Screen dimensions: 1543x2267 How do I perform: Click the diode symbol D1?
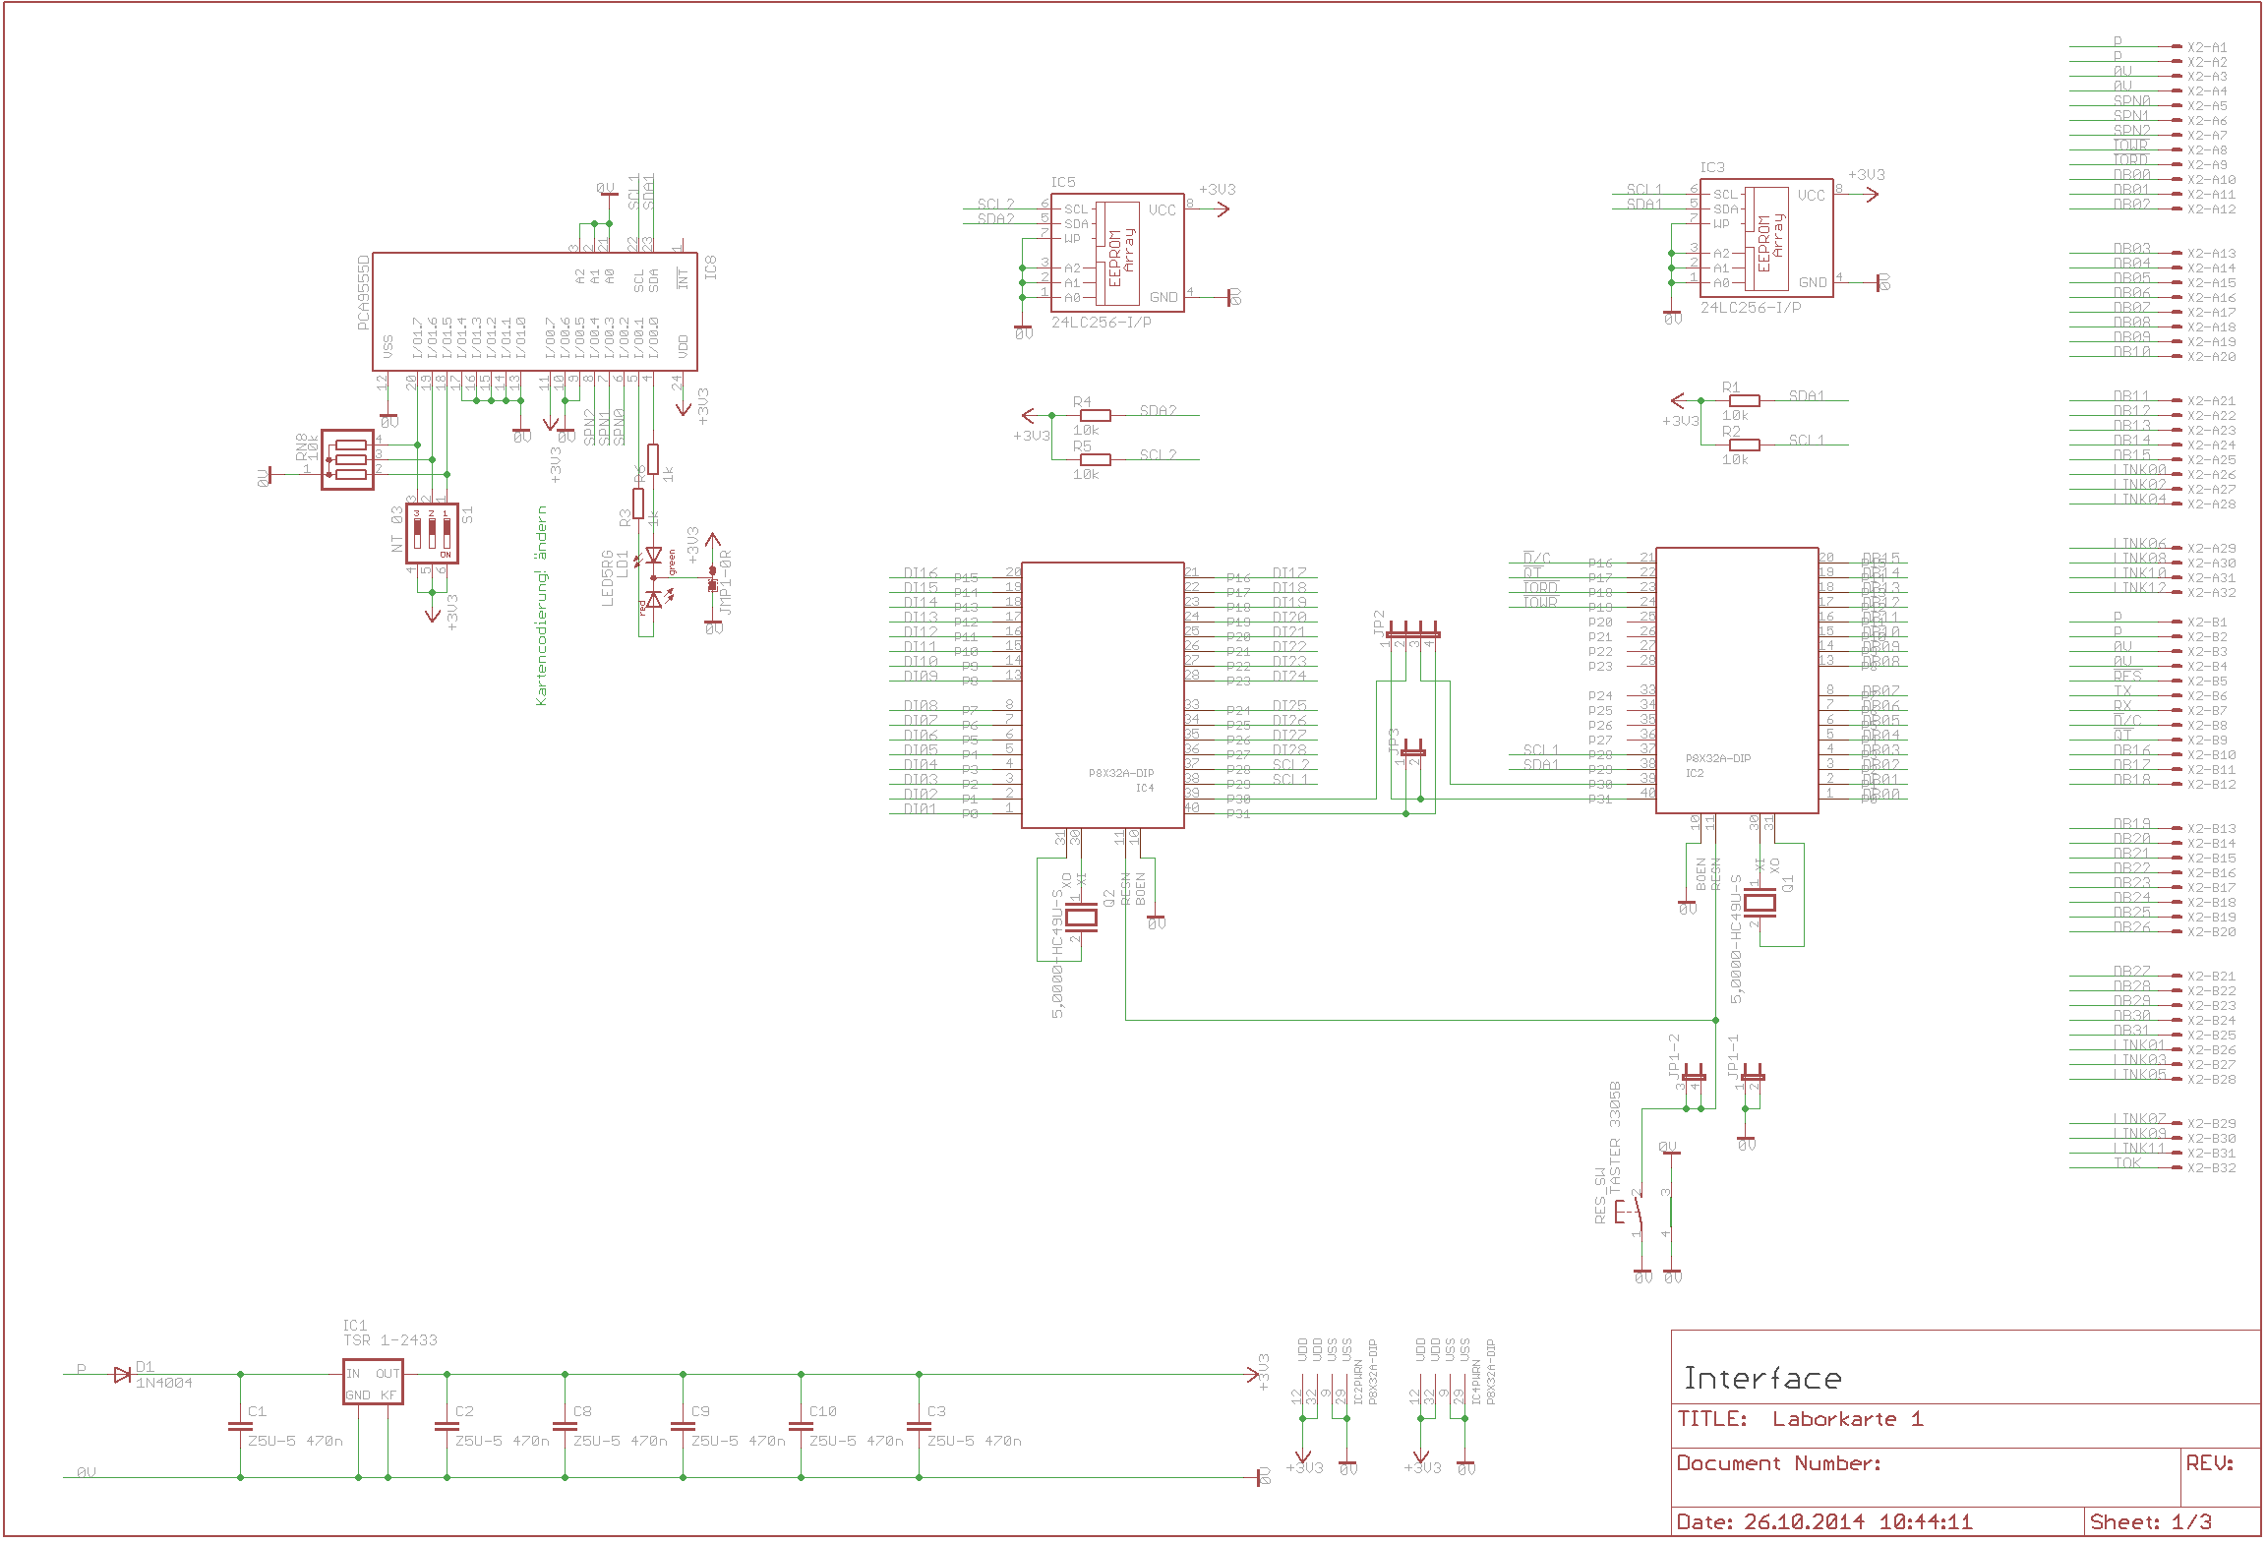(x=122, y=1374)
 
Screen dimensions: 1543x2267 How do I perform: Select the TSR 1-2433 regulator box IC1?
(x=373, y=1382)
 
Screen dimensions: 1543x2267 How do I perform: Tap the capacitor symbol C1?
(x=240, y=1425)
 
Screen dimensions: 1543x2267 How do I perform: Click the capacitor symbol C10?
(x=801, y=1425)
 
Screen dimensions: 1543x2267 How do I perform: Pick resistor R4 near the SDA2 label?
(x=1096, y=415)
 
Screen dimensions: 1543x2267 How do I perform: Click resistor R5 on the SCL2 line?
(x=1096, y=459)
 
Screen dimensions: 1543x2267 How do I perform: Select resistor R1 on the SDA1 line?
(x=1744, y=400)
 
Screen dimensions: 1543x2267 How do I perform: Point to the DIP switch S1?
(x=432, y=534)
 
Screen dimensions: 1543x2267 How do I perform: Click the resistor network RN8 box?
(x=348, y=459)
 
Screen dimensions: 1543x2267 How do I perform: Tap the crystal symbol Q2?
(x=1083, y=919)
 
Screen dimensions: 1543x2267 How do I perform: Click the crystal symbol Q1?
(x=1760, y=903)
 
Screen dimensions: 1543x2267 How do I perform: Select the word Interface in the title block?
(x=1761, y=1379)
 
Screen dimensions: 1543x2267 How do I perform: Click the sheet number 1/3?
(x=2191, y=1522)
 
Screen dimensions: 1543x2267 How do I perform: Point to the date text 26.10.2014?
(x=1804, y=1522)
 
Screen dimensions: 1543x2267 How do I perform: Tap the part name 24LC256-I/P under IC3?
(x=1751, y=308)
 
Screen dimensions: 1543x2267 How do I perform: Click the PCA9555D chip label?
(x=364, y=293)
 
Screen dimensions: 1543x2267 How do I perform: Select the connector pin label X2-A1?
(x=2207, y=47)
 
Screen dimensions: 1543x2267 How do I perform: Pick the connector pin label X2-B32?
(x=2211, y=1168)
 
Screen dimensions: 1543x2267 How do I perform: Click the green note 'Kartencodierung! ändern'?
(x=541, y=606)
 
